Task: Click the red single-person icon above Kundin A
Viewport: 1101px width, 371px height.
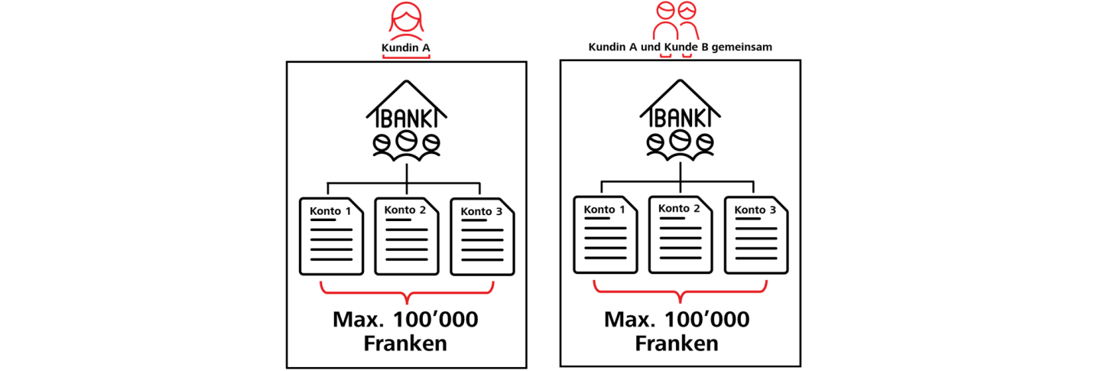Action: point(406,21)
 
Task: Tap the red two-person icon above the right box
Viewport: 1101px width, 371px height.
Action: point(677,21)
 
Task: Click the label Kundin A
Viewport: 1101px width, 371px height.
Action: point(406,47)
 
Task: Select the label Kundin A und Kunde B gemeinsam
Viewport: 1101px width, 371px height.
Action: point(680,47)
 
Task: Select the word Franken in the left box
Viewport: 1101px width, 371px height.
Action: point(405,344)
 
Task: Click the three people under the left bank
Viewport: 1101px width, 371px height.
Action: point(406,144)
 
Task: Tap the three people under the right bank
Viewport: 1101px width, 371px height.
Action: point(680,144)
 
